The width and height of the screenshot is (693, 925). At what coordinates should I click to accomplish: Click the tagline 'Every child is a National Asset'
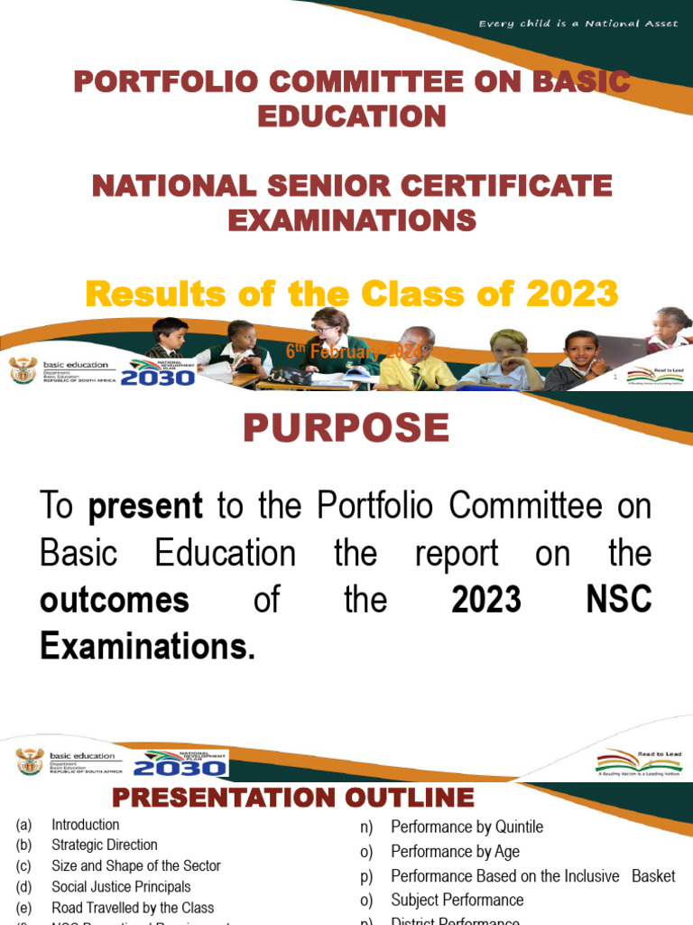click(x=577, y=23)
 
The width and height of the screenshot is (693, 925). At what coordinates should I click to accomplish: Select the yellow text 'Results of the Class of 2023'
click(x=351, y=294)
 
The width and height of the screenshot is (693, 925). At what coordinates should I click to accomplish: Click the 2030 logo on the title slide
click(x=158, y=374)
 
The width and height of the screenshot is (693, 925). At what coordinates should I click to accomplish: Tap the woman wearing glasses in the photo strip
click(x=329, y=343)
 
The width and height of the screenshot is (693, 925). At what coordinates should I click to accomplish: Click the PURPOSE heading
click(x=346, y=428)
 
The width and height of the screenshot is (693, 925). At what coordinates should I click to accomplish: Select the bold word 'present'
click(x=145, y=507)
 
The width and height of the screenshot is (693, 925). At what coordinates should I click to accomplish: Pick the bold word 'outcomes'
click(x=115, y=600)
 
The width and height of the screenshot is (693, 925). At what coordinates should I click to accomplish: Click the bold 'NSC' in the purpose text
click(x=618, y=600)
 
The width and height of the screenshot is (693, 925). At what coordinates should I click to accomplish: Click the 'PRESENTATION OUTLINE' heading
click(x=293, y=799)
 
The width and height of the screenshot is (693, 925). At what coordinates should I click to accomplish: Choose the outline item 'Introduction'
click(x=86, y=825)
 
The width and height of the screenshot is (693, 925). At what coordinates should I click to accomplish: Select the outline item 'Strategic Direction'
click(x=105, y=846)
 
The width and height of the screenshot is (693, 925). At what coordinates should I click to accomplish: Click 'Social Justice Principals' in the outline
click(x=121, y=887)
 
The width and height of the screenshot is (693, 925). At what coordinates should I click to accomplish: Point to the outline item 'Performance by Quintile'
click(x=467, y=827)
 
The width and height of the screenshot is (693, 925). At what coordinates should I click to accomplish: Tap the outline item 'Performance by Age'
click(x=455, y=852)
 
